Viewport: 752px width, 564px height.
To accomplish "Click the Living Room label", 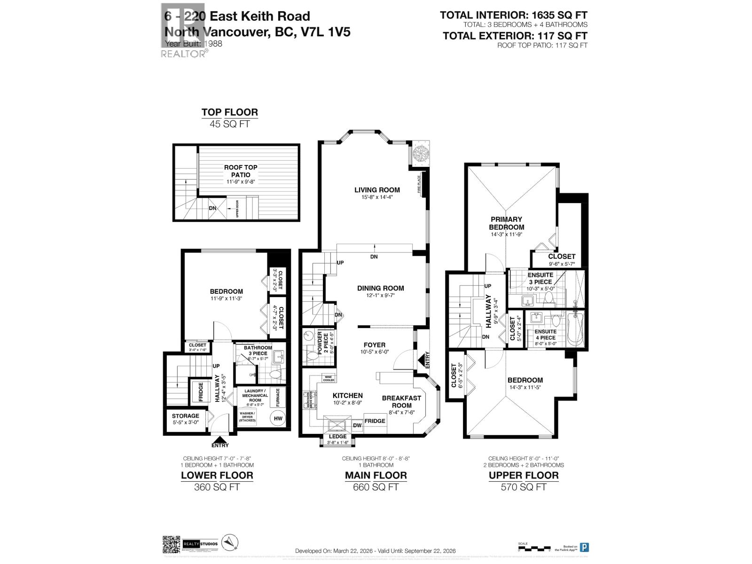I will point(377,190).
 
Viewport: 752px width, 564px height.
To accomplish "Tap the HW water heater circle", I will point(278,418).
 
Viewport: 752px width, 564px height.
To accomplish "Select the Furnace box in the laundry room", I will point(278,397).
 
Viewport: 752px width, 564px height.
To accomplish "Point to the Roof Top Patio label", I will point(240,171).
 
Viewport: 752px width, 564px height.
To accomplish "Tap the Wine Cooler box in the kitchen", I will point(328,377).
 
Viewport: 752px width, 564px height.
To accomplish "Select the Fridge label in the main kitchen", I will point(375,421).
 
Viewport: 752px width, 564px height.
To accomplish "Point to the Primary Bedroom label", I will point(506,223).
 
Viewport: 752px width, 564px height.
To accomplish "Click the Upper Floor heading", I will point(524,475).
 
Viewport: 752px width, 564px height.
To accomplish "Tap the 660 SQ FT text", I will point(376,487).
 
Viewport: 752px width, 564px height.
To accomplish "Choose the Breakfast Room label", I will point(401,401).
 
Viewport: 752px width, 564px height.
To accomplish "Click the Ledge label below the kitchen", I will point(337,437).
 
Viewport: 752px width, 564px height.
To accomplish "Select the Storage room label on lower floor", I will point(185,416).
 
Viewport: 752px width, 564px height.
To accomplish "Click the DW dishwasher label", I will point(357,425).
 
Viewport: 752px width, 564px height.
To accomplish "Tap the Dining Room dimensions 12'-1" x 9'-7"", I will point(380,296).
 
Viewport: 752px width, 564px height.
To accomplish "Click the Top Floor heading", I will point(229,112).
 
